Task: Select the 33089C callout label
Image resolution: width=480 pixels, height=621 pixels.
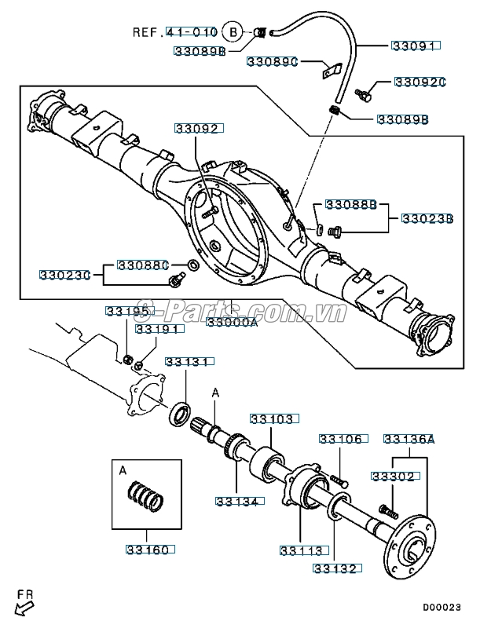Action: pos(273,61)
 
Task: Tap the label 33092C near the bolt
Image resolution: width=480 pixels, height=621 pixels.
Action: pos(420,82)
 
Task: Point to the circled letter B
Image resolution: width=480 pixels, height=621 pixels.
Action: pos(232,32)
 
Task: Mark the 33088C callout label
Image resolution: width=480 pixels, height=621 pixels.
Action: pos(144,265)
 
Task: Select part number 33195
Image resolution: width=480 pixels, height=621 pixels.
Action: pos(127,312)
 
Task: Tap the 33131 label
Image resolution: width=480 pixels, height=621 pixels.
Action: pos(187,362)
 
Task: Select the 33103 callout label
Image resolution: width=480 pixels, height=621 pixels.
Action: pos(272,419)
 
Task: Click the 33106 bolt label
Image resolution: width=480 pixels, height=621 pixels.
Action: pos(340,439)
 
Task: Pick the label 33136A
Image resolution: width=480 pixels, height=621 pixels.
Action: pos(409,439)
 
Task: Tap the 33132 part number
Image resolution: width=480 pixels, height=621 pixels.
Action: pos(335,568)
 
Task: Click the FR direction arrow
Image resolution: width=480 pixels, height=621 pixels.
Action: pos(24,604)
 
